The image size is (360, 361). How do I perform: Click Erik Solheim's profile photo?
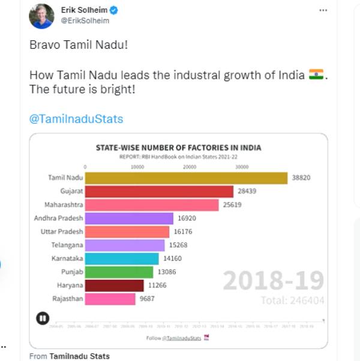[x=41, y=16]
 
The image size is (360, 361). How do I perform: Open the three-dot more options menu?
[x=323, y=10]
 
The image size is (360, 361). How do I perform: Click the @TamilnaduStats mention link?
[x=76, y=119]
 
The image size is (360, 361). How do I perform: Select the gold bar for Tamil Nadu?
[x=186, y=178]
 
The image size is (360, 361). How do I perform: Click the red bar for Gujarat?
[x=159, y=192]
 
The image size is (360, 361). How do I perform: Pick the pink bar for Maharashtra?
[x=152, y=205]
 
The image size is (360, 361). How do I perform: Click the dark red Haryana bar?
[x=114, y=285]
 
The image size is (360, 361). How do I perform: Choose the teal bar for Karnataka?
[x=122, y=258]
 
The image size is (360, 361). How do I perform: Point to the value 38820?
[x=302, y=178]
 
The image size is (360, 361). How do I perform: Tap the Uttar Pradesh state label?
[x=62, y=232]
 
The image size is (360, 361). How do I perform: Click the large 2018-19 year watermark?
[x=273, y=281]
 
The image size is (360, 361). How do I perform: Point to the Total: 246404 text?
[x=292, y=300]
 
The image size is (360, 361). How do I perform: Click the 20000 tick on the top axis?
[x=190, y=166]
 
